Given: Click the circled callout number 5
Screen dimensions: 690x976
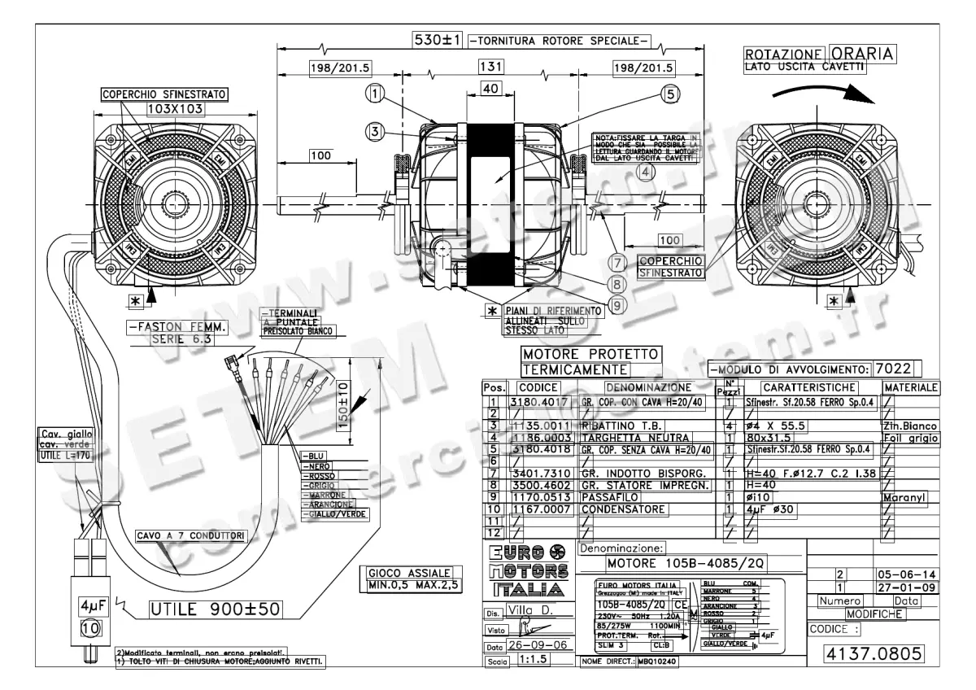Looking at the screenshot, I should point(669,94).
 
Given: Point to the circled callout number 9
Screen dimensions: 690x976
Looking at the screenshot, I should point(620,305).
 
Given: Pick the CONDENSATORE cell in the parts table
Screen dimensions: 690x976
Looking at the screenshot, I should point(622,509).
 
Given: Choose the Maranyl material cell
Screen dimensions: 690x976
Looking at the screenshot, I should point(905,496).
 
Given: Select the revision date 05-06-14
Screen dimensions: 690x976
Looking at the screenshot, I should point(904,574).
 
